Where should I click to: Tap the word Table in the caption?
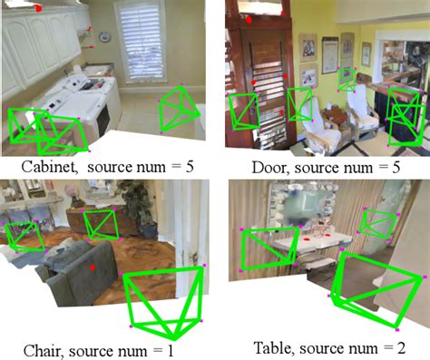(x=263, y=347)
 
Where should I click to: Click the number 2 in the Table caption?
(x=402, y=347)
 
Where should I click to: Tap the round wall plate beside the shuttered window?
(x=105, y=37)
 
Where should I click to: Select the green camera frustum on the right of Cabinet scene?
(x=180, y=110)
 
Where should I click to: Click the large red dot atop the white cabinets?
(x=39, y=8)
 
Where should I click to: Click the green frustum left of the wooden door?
(x=243, y=112)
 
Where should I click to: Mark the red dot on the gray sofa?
(x=92, y=268)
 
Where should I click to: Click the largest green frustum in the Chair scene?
(x=164, y=299)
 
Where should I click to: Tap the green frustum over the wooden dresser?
(x=99, y=223)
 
